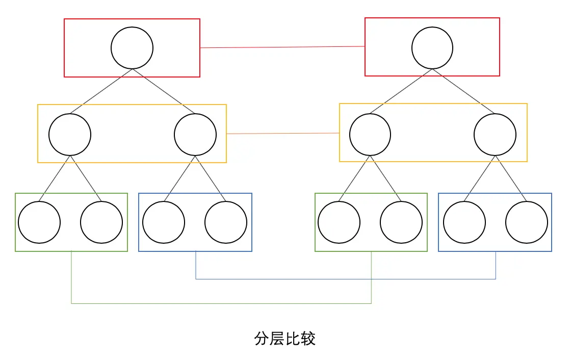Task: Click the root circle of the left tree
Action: point(132,48)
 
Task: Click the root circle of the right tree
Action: point(432,47)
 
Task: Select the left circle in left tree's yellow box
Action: point(70,135)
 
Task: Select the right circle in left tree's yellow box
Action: point(195,135)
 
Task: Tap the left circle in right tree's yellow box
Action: point(370,135)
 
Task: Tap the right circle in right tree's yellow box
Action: point(495,135)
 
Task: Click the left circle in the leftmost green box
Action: point(39,222)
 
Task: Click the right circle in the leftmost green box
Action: point(101,222)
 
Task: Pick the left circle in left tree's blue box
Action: point(164,222)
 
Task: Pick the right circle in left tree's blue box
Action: point(226,222)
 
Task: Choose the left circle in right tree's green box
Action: point(339,222)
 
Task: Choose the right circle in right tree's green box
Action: point(401,222)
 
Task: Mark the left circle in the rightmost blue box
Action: point(464,222)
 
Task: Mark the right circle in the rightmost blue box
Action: point(527,222)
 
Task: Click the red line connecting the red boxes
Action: point(282,47)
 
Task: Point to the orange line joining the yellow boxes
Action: point(283,133)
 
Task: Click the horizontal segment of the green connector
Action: point(221,303)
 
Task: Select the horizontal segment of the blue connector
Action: point(346,279)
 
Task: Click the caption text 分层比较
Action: point(285,339)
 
